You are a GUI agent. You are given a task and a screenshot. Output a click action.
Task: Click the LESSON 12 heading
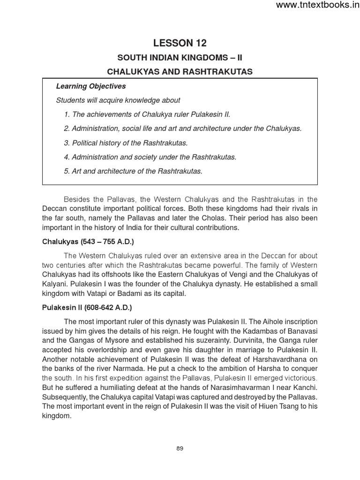click(180, 43)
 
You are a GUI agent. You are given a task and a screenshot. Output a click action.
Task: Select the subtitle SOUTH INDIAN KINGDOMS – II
click(180, 58)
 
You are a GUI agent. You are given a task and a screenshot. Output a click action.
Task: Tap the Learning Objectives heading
click(91, 86)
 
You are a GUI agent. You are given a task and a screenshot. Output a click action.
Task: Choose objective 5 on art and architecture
click(133, 171)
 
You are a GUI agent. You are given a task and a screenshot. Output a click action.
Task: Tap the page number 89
click(180, 448)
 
